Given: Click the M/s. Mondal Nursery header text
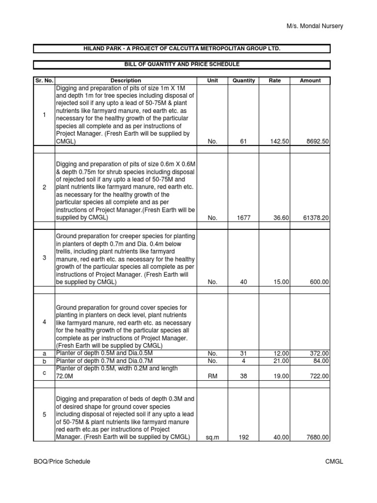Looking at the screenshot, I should point(315,26).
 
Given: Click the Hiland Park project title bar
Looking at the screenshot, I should point(182,48).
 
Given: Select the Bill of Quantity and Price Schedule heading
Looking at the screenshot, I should point(182,64).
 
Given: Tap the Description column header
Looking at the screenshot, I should point(126,81).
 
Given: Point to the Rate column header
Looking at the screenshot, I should point(275,81).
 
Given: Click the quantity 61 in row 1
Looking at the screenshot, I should point(243,141).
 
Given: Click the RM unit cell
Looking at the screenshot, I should point(212,376).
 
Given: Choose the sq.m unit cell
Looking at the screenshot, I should point(212,438).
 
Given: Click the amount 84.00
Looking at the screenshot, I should point(322,361).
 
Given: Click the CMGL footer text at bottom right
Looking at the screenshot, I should point(334,462).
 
